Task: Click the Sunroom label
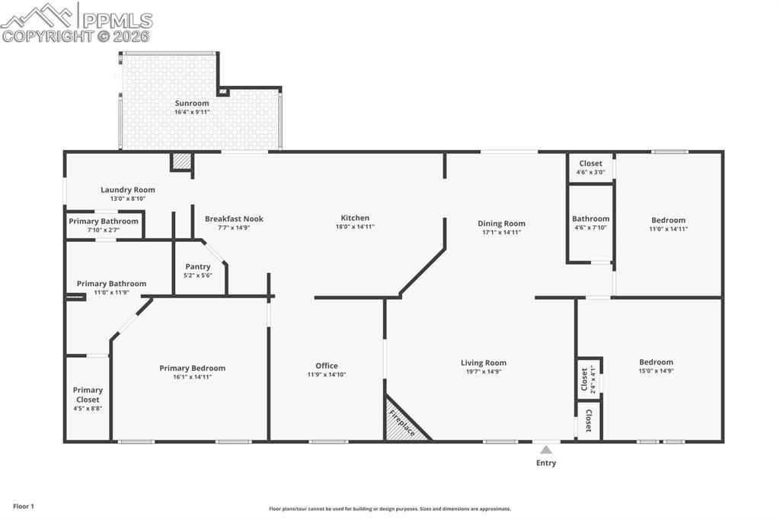click(191, 103)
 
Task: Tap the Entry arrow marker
click(546, 450)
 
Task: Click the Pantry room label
click(197, 266)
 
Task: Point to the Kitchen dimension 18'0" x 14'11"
click(355, 227)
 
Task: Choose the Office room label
click(326, 365)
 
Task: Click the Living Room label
click(484, 363)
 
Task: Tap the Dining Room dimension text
click(501, 232)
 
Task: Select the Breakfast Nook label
click(234, 218)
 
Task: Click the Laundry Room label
click(128, 189)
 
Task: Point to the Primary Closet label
click(88, 395)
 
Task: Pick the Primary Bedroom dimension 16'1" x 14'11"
click(192, 377)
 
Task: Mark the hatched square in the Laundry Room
click(181, 161)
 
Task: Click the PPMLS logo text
click(117, 21)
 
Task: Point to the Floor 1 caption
click(24, 507)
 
